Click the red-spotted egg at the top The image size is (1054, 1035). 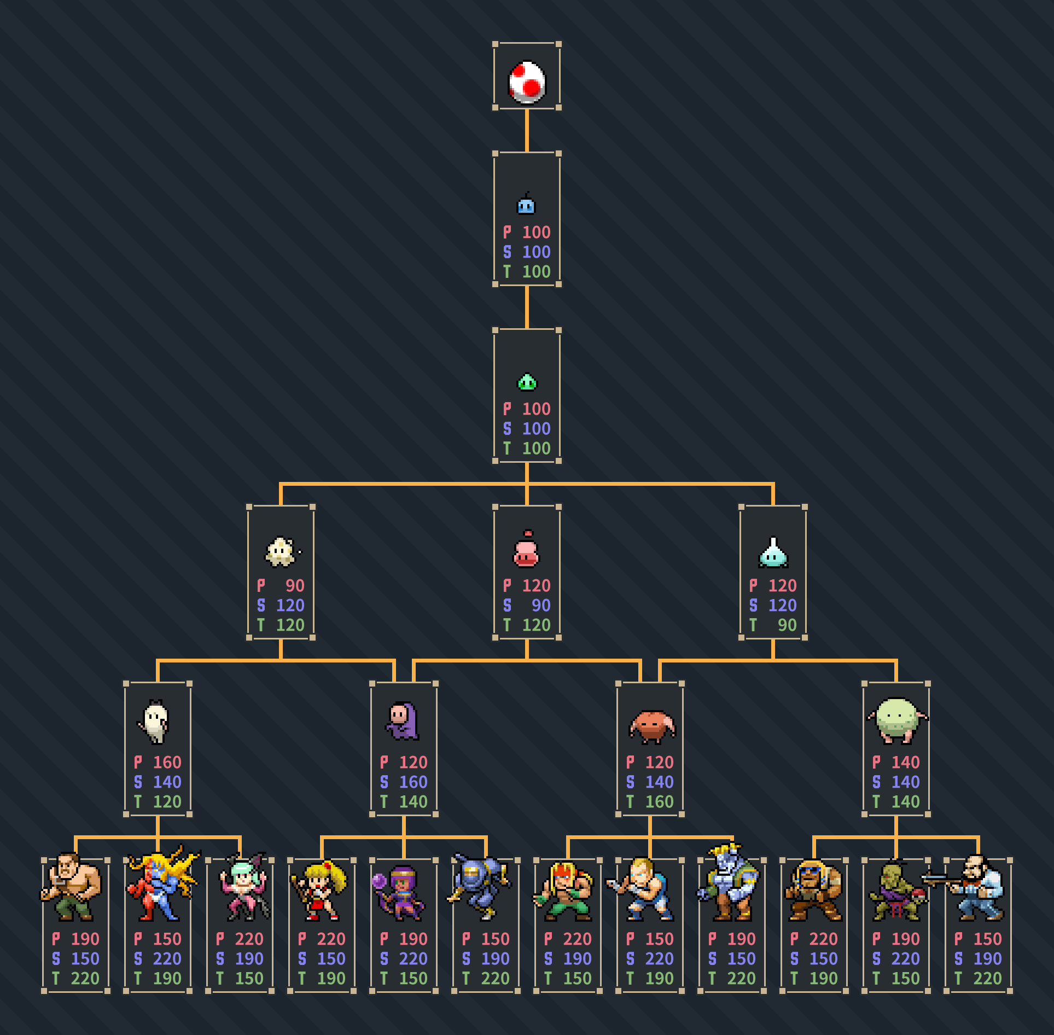(527, 82)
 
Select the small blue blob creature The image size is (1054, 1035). (526, 203)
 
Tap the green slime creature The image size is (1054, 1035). (527, 382)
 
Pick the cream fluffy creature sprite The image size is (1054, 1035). (282, 551)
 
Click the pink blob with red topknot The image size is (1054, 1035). (527, 549)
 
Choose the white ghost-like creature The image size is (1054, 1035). (154, 722)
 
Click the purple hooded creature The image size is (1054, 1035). (403, 721)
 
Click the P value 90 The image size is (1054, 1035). (295, 585)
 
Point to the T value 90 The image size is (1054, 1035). (787, 625)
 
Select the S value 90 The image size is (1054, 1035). (541, 605)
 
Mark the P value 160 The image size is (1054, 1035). (167, 762)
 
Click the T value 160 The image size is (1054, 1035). (659, 801)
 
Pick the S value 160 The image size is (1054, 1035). (413, 782)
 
